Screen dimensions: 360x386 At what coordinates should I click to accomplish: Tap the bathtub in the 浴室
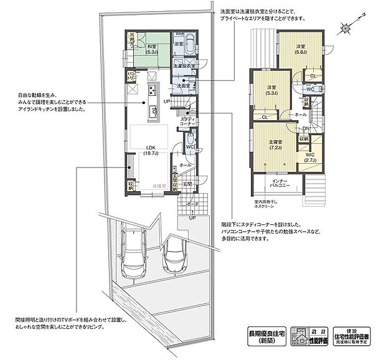click(191, 46)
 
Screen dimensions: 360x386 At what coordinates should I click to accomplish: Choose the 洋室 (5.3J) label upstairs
click(272, 89)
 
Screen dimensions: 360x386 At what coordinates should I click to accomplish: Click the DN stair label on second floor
click(306, 128)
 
